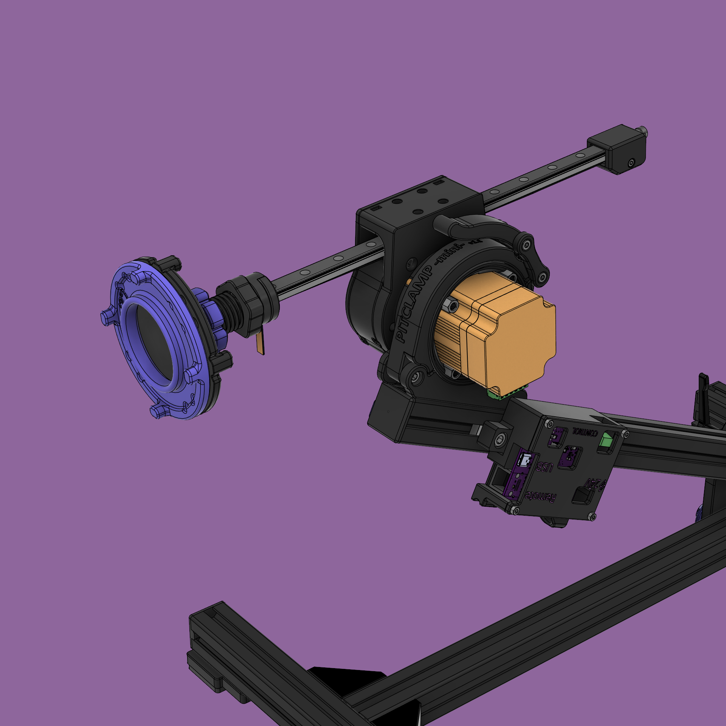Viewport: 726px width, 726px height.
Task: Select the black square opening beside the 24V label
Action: [x=582, y=496]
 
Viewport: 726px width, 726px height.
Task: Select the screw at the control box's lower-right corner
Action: [x=592, y=517]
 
